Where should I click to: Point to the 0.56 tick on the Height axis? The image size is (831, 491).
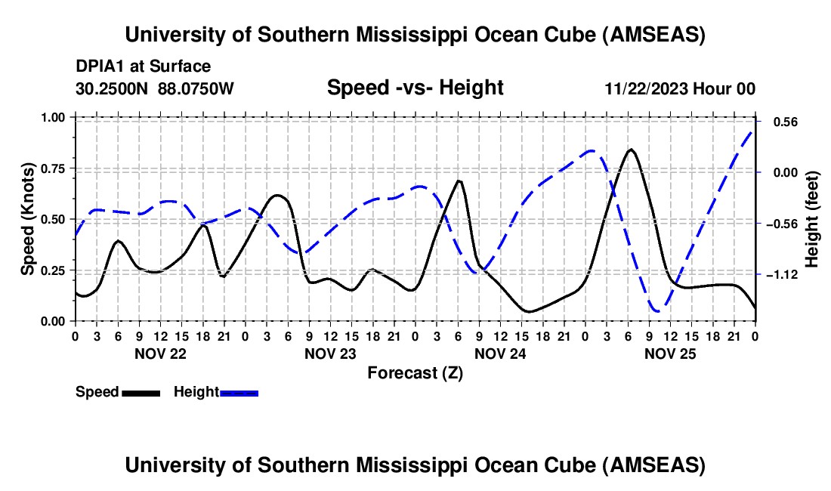click(x=777, y=122)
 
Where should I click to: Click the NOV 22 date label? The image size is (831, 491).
click(x=159, y=354)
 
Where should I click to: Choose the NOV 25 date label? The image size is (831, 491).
click(x=669, y=354)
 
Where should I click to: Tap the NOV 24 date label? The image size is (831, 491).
click(x=499, y=354)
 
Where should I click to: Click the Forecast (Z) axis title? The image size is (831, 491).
click(x=415, y=372)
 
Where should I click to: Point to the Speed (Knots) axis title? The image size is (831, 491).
click(x=28, y=219)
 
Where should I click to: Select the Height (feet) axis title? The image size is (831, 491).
click(x=812, y=219)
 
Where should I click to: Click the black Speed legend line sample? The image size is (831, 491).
click(x=140, y=392)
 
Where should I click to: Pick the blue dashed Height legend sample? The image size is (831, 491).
click(x=239, y=392)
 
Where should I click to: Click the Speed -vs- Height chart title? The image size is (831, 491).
click(x=415, y=88)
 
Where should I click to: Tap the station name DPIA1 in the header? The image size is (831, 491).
click(x=97, y=66)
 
